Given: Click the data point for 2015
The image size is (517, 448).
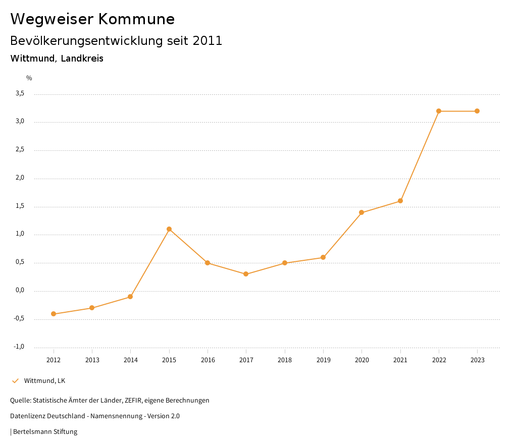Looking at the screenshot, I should tap(169, 229).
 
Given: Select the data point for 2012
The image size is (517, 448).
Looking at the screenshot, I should tap(54, 314).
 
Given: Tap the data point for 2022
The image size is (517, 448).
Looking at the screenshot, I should tap(439, 111).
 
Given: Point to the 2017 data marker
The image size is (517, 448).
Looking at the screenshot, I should tap(246, 274).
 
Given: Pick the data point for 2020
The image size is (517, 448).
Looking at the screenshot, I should tap(361, 212).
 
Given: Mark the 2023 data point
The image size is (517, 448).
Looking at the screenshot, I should tap(477, 111).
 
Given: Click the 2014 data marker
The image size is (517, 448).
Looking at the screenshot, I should tap(130, 297).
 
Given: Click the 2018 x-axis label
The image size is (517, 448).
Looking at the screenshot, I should tap(285, 360).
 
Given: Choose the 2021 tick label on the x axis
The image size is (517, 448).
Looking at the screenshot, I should tap(400, 360).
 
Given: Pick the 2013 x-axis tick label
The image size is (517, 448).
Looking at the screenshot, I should tap(92, 360).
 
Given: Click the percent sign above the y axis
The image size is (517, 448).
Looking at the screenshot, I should tap(29, 78).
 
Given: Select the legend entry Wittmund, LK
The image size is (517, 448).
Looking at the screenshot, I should tap(44, 380).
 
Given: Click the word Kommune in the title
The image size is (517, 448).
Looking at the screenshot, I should tap(136, 19).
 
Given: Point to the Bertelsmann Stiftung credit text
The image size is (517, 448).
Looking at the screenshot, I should tap(45, 431).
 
